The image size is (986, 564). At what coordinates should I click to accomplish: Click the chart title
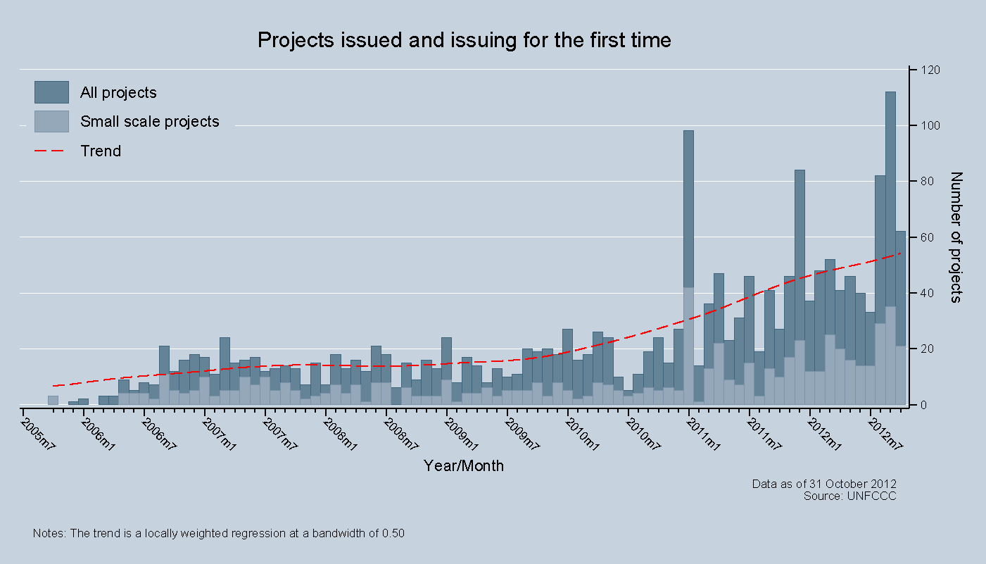(464, 40)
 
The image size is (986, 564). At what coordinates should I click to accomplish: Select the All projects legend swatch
(51, 92)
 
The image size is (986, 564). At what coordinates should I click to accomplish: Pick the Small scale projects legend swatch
(51, 121)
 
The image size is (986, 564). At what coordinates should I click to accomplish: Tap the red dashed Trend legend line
(51, 151)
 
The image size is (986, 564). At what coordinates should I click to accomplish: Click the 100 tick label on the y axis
(928, 126)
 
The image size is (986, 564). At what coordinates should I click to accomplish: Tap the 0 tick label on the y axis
(922, 405)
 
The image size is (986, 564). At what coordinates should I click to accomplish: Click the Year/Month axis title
(463, 465)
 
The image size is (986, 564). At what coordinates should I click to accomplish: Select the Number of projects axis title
(956, 237)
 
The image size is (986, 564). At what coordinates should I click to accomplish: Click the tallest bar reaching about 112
(890, 246)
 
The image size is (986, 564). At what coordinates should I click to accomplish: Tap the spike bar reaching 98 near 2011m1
(688, 268)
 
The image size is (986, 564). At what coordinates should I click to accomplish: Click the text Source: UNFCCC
(849, 496)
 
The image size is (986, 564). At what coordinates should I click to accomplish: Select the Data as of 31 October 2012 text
(824, 484)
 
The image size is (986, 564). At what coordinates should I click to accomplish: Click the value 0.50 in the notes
(393, 533)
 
